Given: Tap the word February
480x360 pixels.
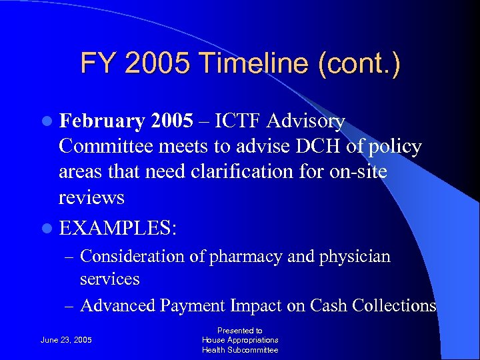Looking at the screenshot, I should pyautogui.click(x=102, y=121).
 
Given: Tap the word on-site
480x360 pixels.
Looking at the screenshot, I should pyautogui.click(x=363, y=172).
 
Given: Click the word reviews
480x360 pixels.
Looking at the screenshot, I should pyautogui.click(x=91, y=197).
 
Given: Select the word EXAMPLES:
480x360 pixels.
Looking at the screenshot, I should pyautogui.click(x=118, y=227).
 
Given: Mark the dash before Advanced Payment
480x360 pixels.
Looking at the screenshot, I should pyautogui.click(x=69, y=306).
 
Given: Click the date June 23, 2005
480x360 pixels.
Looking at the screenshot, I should pyautogui.click(x=66, y=341).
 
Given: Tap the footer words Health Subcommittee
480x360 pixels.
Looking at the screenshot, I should pyautogui.click(x=240, y=350).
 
